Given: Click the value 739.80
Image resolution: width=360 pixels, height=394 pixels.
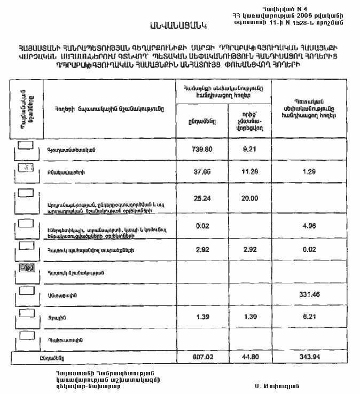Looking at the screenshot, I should click(202, 149).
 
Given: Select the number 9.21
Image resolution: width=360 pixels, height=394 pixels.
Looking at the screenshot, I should click(250, 149).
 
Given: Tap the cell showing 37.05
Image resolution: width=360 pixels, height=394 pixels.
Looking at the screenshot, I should click(202, 172).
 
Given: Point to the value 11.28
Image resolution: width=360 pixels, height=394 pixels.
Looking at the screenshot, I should click(250, 172).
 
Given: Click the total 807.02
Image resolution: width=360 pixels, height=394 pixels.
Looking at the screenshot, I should click(202, 356).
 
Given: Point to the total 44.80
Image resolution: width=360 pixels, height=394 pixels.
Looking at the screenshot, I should click(250, 356).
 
